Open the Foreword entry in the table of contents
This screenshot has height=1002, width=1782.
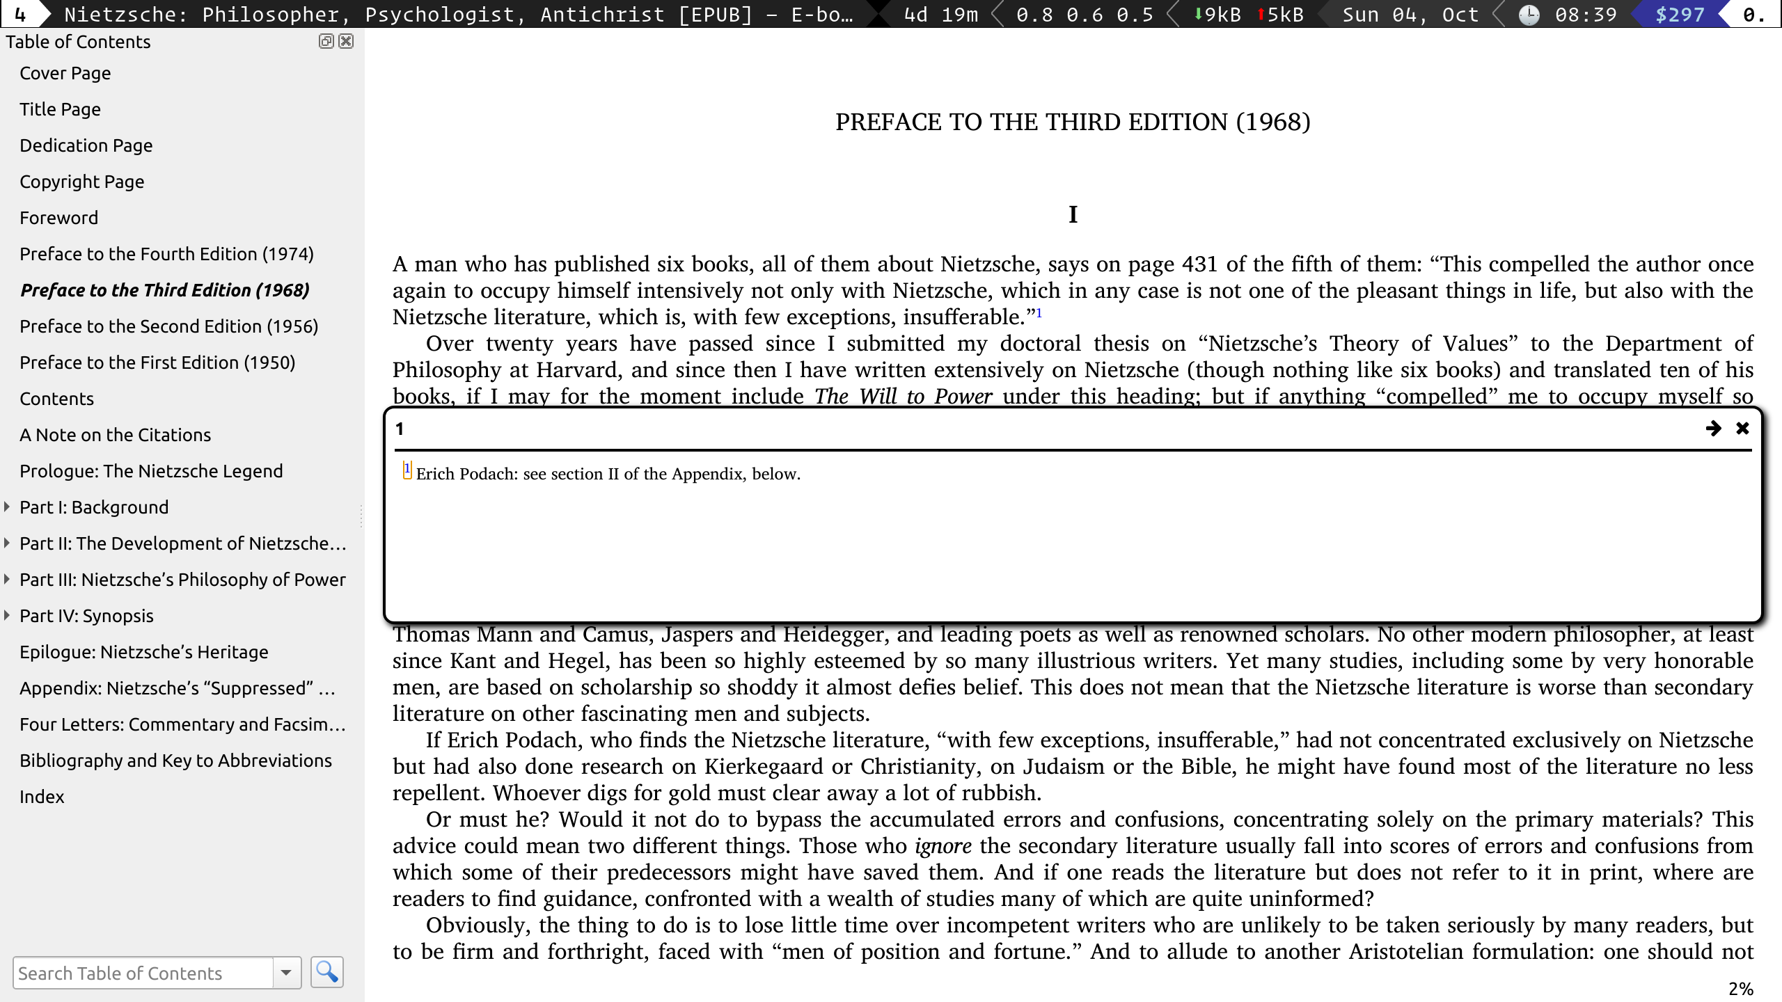[58, 218]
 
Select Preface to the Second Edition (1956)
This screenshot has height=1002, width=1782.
[168, 326]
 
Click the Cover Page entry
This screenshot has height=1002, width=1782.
[65, 73]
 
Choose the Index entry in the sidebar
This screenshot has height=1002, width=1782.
[42, 797]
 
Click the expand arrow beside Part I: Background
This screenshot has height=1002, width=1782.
[7, 507]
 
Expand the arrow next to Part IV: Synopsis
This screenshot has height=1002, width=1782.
[7, 615]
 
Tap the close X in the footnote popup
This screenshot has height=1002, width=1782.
[1742, 429]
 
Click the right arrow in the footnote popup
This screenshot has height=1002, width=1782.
[1713, 429]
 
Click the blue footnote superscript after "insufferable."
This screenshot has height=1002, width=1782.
[1039, 313]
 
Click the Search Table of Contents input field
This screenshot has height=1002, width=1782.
[143, 973]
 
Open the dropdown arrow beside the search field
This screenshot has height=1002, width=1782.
[286, 973]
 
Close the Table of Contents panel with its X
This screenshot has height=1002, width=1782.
[346, 41]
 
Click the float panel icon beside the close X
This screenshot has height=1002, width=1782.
[326, 41]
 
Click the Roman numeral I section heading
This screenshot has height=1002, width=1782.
[1073, 214]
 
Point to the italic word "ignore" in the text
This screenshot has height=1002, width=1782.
[943, 846]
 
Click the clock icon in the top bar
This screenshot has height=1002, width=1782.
[1529, 15]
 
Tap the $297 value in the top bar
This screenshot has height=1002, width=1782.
[1680, 15]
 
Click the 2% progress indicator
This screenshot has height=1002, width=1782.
[1740, 989]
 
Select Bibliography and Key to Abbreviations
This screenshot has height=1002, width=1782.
[175, 761]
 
